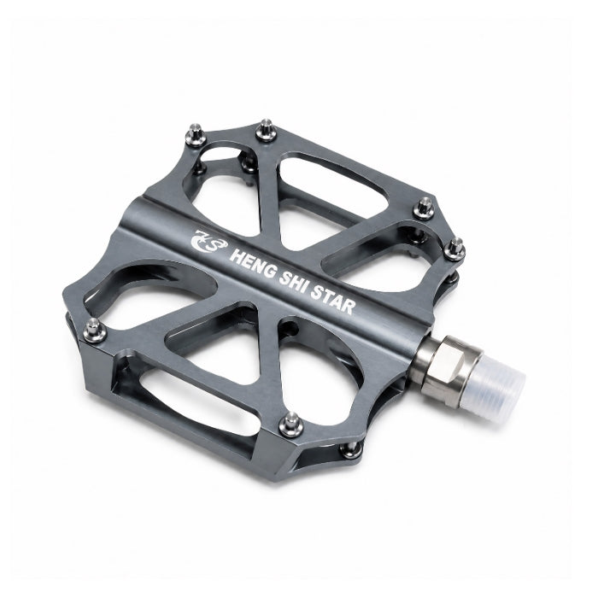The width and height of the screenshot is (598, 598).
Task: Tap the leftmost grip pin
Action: click(94, 331)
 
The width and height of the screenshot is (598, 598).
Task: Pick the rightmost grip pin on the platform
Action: click(454, 249)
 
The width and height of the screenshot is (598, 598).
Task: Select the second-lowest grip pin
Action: click(292, 425)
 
